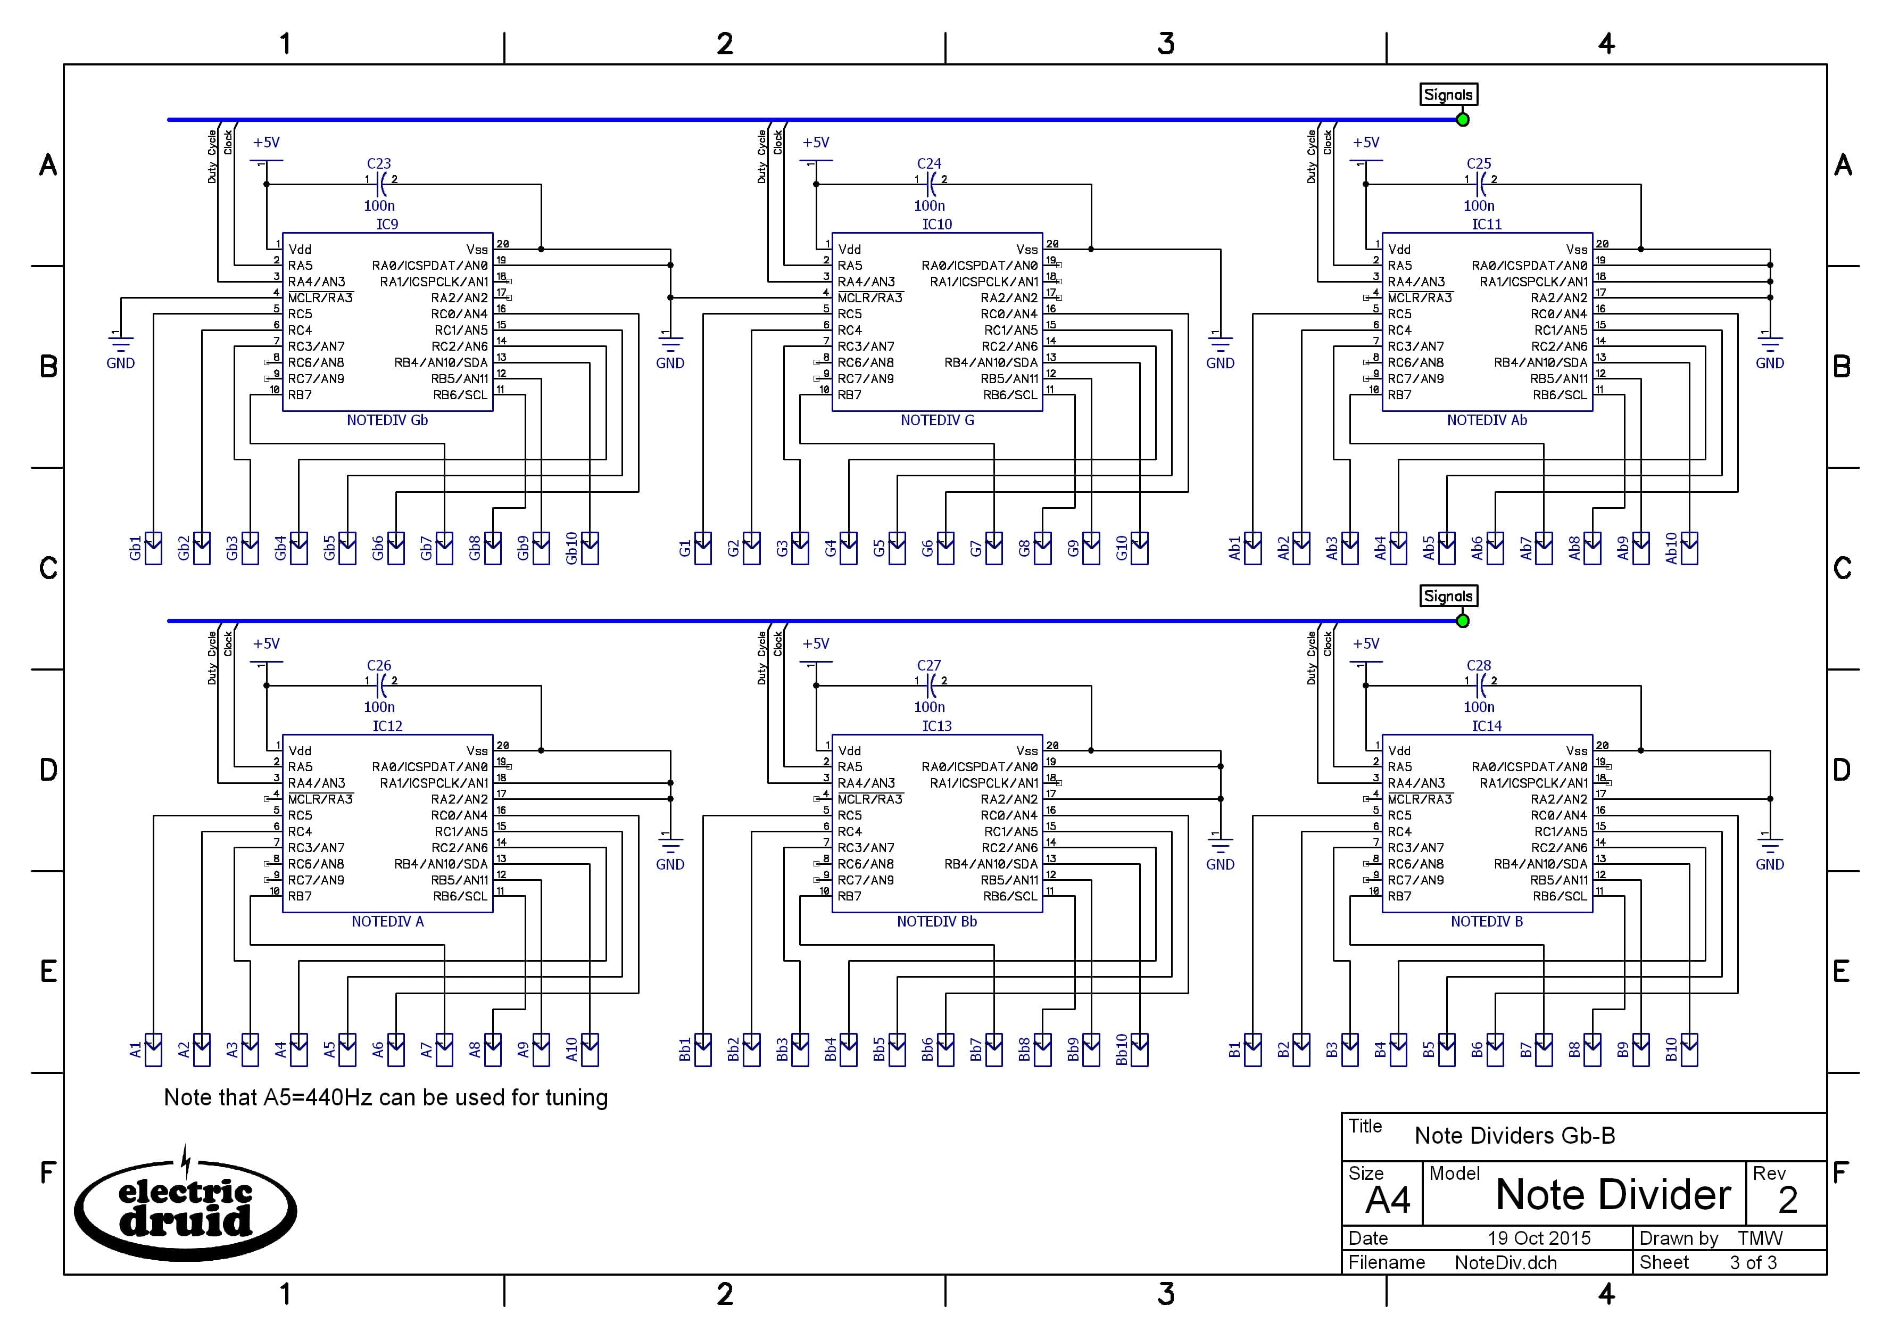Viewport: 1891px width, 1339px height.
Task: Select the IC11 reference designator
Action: (1486, 224)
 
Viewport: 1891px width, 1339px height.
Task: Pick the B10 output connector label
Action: (1671, 1049)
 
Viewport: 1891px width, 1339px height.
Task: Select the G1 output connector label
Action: (685, 548)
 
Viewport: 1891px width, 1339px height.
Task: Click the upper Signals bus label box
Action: (1447, 95)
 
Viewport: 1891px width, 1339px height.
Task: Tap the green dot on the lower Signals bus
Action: (1462, 621)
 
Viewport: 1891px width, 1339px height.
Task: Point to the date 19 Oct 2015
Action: (1538, 1237)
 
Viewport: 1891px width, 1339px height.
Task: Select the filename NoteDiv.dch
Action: (1505, 1262)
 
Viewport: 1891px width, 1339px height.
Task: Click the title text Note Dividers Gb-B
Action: (1514, 1135)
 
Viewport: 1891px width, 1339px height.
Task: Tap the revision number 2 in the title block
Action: (1787, 1200)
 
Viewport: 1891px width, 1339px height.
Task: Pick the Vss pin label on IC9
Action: (476, 249)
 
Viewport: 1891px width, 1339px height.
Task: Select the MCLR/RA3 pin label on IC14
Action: (1420, 799)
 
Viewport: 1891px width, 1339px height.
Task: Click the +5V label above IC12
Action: (266, 644)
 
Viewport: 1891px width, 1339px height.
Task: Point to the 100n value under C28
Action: (1479, 707)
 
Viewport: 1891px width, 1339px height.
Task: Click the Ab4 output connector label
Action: (1380, 548)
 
